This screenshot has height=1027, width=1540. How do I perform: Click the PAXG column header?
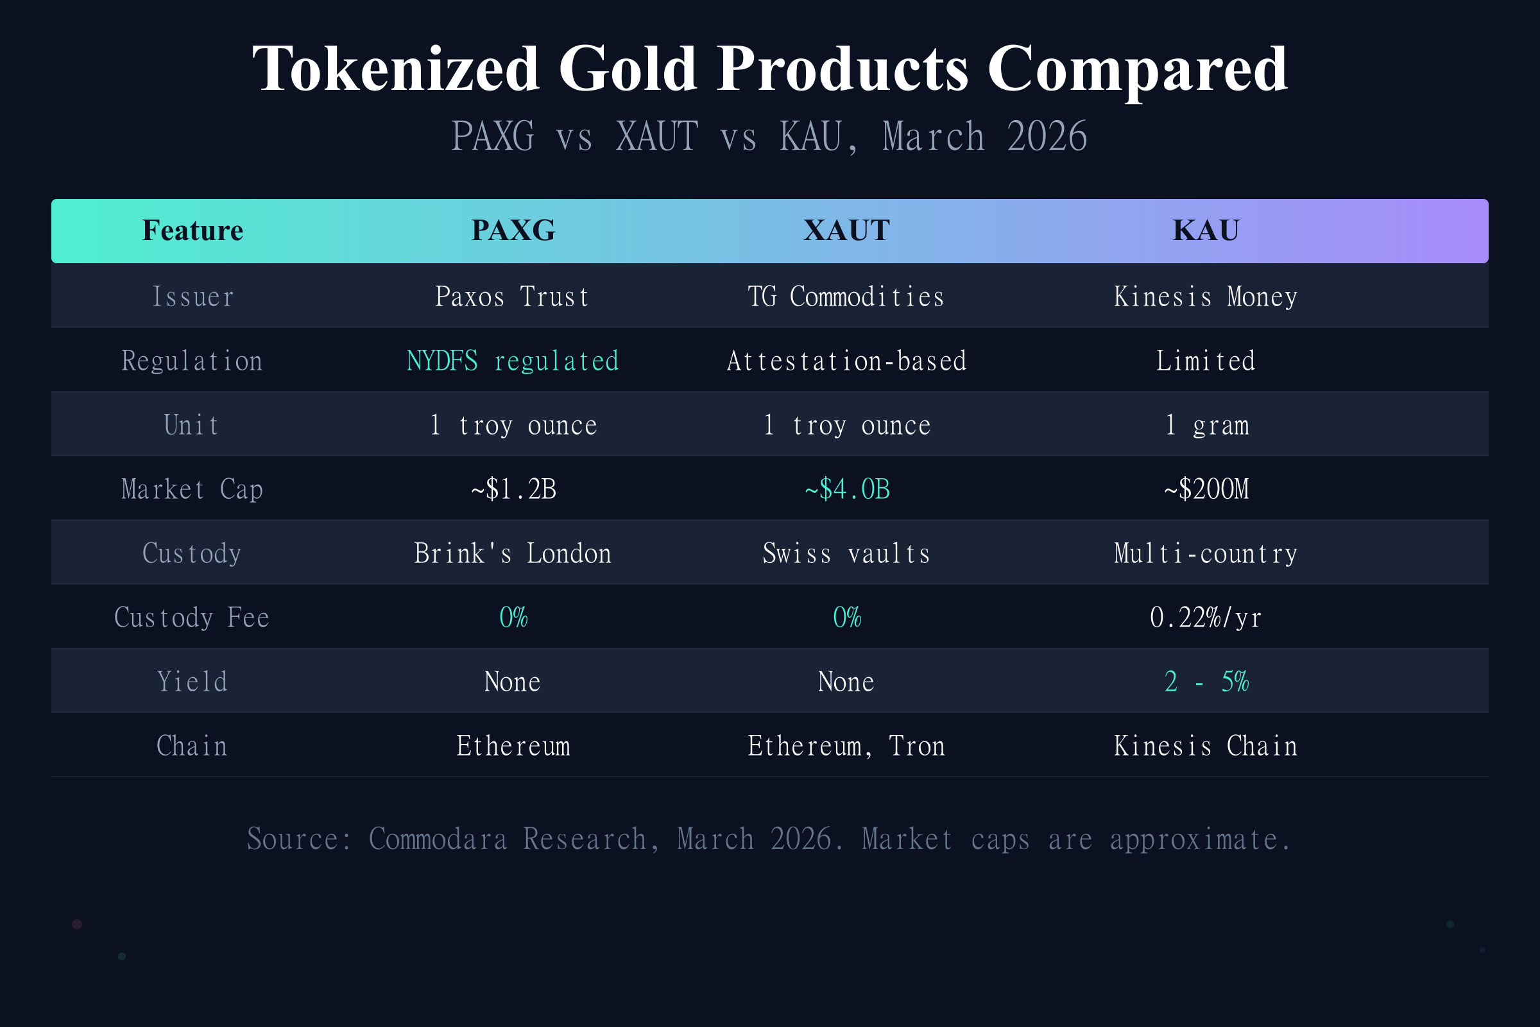tap(513, 230)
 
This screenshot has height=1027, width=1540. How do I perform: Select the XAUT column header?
tap(846, 230)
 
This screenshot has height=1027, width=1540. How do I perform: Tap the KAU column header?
tap(1206, 230)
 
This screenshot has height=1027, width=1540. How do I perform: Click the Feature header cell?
tap(193, 230)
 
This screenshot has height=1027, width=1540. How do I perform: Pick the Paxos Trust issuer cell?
tap(513, 297)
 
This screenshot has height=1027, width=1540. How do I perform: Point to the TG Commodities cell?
tap(846, 297)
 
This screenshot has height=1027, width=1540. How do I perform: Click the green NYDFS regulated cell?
tap(513, 361)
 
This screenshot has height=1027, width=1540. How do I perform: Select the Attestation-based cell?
tap(846, 361)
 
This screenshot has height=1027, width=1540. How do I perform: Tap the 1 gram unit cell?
tap(1206, 425)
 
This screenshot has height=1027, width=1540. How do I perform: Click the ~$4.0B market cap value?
tap(846, 489)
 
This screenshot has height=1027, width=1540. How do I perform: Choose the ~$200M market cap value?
tap(1206, 489)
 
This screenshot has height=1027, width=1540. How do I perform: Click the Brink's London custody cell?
tap(513, 553)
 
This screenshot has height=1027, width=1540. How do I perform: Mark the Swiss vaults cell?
tap(846, 553)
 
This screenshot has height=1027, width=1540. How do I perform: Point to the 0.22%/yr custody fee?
tap(1206, 617)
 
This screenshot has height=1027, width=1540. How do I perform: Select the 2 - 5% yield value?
tap(1206, 682)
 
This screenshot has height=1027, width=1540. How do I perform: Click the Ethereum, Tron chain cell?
tap(846, 746)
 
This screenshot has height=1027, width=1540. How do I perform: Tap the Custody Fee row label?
tap(192, 617)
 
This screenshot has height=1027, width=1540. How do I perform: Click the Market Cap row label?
tap(192, 489)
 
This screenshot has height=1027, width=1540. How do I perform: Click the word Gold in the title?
tap(628, 69)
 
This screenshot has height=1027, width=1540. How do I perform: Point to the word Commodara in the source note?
tap(438, 839)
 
